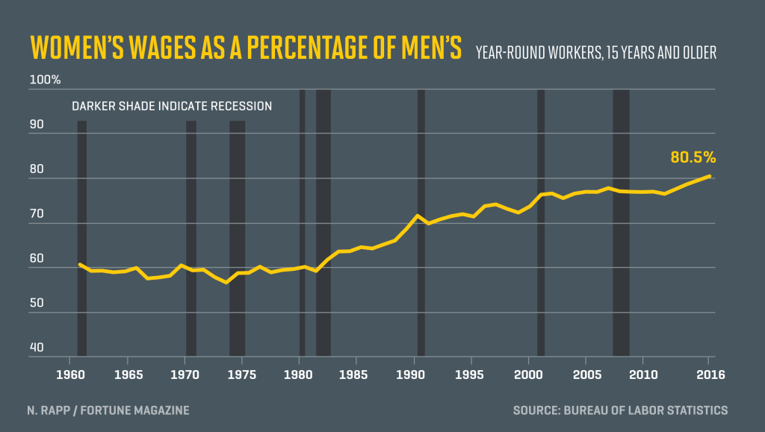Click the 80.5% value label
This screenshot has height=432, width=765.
click(693, 157)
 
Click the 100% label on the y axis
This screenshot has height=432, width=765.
click(45, 80)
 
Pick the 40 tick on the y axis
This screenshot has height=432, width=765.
click(37, 348)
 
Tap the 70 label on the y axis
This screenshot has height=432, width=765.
click(37, 214)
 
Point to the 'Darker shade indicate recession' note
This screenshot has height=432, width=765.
click(172, 106)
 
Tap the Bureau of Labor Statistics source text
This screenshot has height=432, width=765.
click(620, 410)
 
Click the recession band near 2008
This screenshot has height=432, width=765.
click(621, 224)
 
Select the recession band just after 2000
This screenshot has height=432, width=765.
click(541, 224)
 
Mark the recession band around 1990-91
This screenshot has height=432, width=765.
click(421, 224)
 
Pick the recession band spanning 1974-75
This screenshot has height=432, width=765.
click(237, 239)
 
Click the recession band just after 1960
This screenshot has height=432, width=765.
click(82, 239)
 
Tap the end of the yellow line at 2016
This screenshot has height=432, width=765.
click(709, 176)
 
